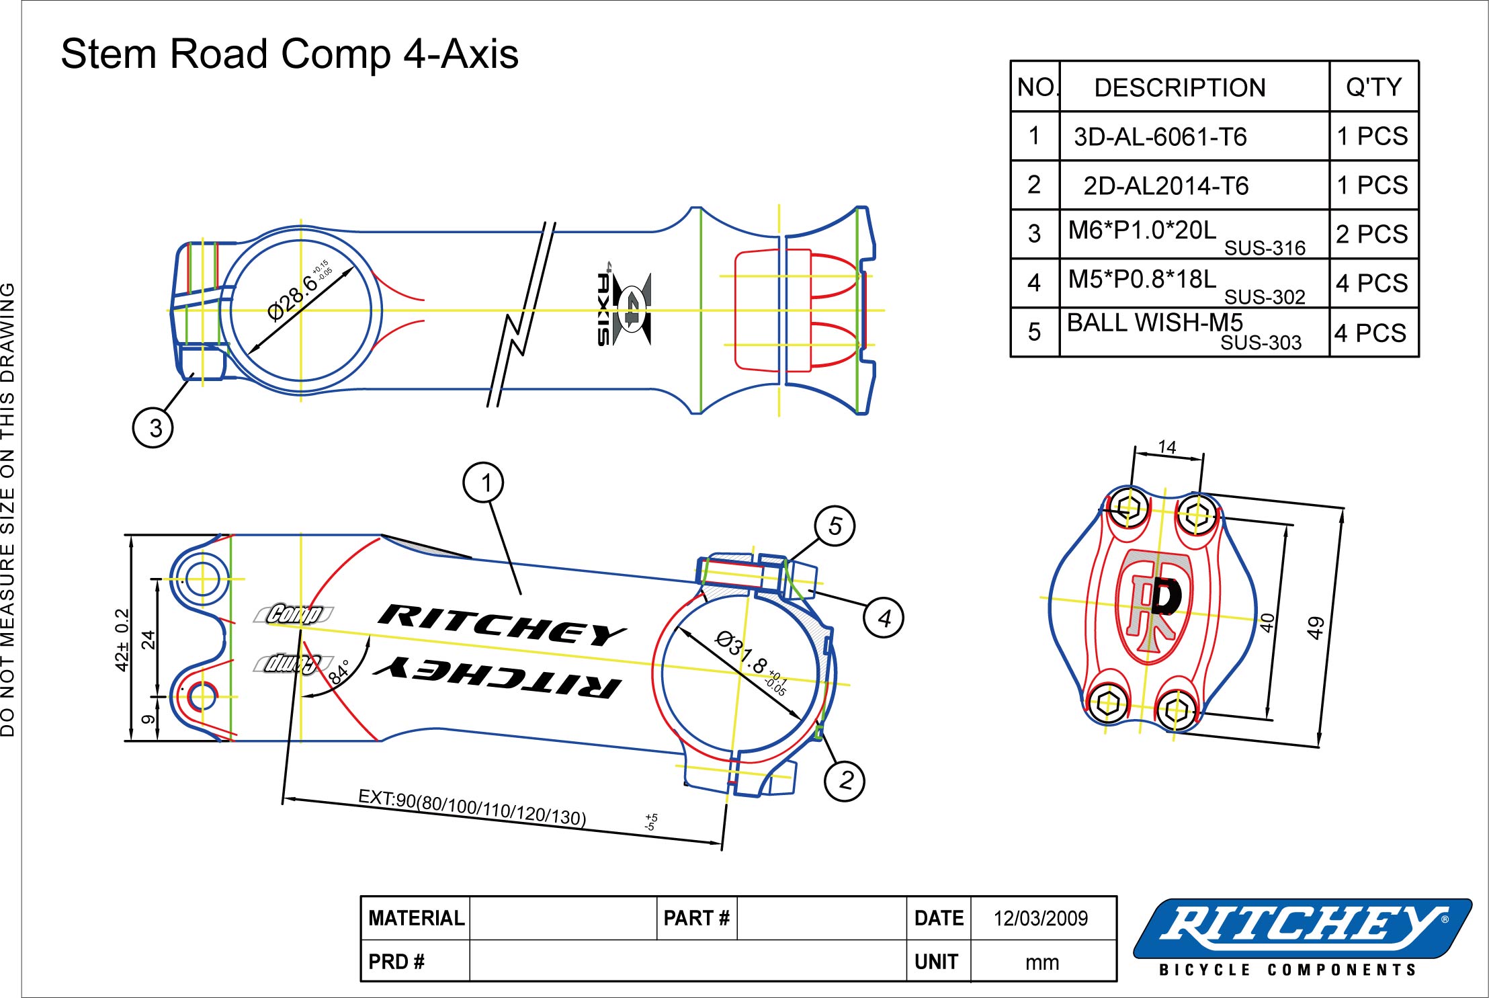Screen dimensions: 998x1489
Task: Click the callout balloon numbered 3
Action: (x=153, y=427)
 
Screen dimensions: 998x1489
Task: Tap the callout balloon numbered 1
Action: (x=484, y=482)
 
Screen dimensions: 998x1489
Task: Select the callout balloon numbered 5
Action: (x=835, y=526)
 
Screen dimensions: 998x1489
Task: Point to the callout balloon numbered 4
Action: (x=884, y=618)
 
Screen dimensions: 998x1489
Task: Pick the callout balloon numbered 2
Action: (x=845, y=780)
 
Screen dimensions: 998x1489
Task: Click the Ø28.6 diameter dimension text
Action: (x=293, y=298)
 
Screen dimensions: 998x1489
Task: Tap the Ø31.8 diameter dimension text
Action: (x=740, y=652)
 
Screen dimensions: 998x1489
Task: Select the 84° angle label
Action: (x=339, y=671)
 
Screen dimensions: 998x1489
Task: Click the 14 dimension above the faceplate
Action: (x=1167, y=447)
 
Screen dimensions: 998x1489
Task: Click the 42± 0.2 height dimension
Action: (x=122, y=639)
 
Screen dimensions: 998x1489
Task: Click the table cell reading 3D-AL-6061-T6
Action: (x=1160, y=137)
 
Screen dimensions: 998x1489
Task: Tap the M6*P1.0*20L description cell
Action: (x=1142, y=231)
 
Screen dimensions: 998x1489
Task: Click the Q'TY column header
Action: (x=1373, y=87)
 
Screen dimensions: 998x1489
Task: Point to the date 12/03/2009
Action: (x=1040, y=918)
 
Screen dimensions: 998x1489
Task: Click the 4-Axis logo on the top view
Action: (x=624, y=310)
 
